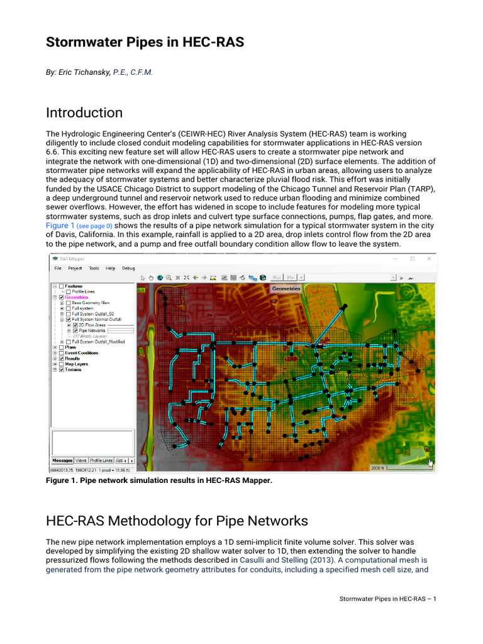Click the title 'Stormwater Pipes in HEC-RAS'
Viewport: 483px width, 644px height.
click(145, 42)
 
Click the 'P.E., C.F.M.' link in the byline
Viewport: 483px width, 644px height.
click(133, 72)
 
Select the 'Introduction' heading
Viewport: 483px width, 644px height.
click(84, 113)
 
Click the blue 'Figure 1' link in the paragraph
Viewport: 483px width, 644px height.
click(60, 225)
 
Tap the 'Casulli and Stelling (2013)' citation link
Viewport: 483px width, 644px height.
click(283, 559)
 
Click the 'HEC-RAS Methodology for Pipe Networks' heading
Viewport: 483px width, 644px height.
click(177, 521)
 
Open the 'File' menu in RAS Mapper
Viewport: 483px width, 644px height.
click(58, 268)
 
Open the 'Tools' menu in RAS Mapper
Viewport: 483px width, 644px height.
click(94, 268)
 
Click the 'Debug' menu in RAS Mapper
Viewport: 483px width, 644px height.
click(128, 268)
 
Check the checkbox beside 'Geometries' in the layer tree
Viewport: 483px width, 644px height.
click(61, 297)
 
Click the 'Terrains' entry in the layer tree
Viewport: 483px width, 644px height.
click(73, 370)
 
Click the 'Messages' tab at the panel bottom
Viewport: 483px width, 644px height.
click(62, 460)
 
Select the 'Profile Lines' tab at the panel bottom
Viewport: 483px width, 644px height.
click(102, 460)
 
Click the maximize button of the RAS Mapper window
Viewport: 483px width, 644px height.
click(413, 258)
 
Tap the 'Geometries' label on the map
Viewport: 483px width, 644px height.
click(286, 289)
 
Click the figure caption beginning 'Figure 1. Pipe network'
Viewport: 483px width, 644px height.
click(159, 480)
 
